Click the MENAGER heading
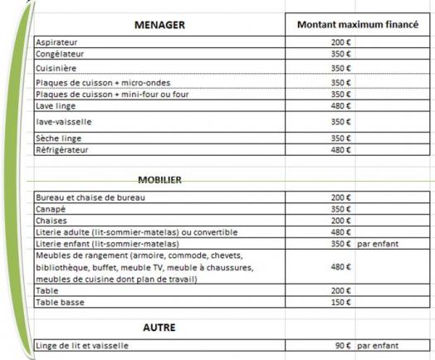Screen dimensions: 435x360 click(x=159, y=25)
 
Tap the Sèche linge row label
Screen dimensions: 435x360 click(x=58, y=137)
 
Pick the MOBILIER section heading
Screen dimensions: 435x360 click(x=159, y=179)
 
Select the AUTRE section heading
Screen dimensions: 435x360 click(x=159, y=328)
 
